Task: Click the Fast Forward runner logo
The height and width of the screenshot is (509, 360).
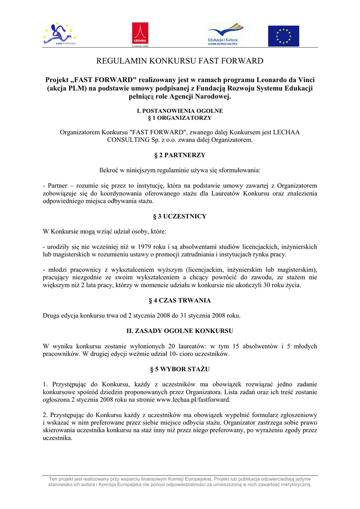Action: (60, 34)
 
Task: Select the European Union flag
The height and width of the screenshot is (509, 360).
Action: (284, 36)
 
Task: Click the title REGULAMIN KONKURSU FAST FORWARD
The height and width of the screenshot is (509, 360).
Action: (180, 61)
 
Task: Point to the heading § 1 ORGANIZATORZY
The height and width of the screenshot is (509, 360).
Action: (180, 118)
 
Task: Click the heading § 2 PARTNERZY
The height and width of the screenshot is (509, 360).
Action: (180, 155)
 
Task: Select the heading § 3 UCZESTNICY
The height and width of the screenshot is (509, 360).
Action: (180, 216)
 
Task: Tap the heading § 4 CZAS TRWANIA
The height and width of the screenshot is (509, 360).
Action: (180, 300)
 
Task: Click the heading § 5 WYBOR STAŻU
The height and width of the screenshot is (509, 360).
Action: (180, 369)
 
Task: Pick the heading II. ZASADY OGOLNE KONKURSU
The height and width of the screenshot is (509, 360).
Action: (180, 331)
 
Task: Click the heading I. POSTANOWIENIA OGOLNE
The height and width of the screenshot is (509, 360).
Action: (180, 110)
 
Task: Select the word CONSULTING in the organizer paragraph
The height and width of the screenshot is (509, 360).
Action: (124, 140)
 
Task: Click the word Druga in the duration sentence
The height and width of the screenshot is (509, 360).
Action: (52, 315)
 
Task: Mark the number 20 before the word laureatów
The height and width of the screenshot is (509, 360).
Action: (172, 346)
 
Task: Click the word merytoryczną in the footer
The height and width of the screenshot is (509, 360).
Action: (294, 484)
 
